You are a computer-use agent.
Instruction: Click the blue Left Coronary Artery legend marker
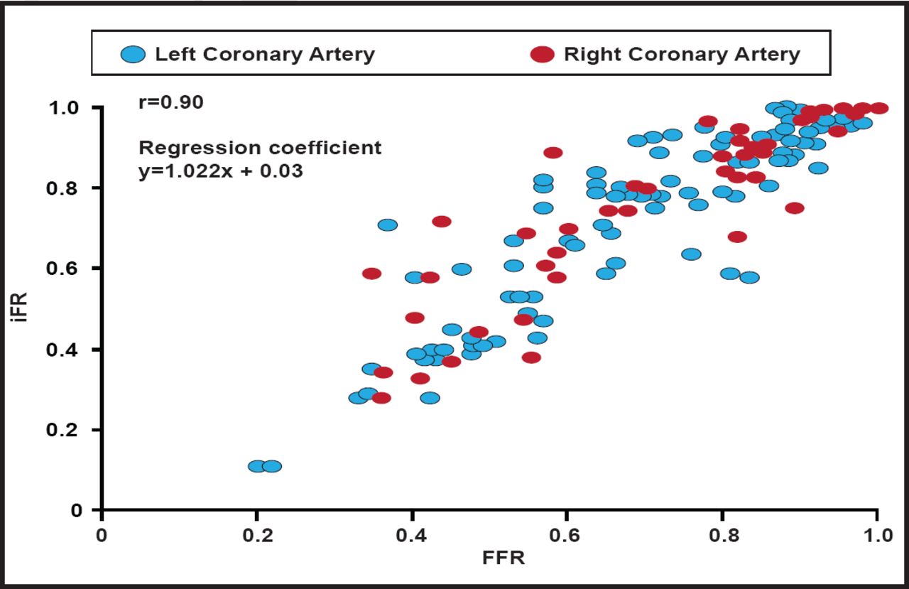(133, 54)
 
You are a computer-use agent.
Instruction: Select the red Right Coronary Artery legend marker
(543, 54)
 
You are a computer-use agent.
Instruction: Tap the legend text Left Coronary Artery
(265, 54)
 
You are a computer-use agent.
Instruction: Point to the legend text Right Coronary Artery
(682, 54)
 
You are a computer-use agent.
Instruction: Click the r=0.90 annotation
(171, 102)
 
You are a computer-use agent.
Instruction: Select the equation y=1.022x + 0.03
(221, 171)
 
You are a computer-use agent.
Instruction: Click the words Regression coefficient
(260, 148)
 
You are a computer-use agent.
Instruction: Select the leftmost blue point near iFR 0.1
(257, 466)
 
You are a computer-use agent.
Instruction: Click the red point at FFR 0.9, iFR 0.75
(795, 208)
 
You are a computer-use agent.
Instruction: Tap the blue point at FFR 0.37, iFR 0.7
(388, 225)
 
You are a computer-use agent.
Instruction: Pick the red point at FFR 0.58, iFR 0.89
(553, 153)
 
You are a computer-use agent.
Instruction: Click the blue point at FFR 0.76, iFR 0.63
(691, 254)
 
